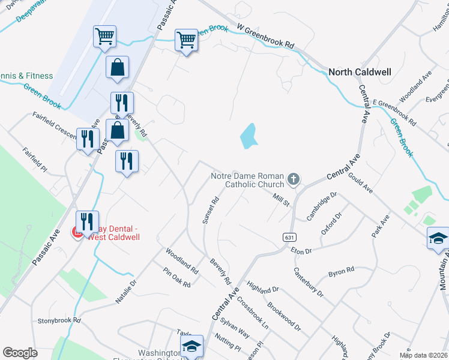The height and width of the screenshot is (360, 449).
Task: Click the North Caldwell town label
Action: pyautogui.click(x=360, y=72)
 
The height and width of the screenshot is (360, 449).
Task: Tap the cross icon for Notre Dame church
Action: pyautogui.click(x=294, y=178)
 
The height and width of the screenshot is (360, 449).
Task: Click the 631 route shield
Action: pyautogui.click(x=290, y=238)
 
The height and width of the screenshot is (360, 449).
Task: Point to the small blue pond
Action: pyautogui.click(x=249, y=136)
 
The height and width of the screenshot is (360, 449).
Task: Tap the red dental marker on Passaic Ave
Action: pyautogui.click(x=77, y=232)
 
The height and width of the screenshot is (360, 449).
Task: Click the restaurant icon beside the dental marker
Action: pyautogui.click(x=87, y=221)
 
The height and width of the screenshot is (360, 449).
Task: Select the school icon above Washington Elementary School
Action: pyautogui.click(x=191, y=346)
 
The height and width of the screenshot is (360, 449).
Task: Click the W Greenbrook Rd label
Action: pyautogui.click(x=266, y=37)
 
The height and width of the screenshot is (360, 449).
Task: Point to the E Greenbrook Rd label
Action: pyautogui.click(x=394, y=112)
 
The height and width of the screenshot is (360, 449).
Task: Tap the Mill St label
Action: pyautogui.click(x=281, y=199)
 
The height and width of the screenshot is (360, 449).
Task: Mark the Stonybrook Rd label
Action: pyautogui.click(x=59, y=321)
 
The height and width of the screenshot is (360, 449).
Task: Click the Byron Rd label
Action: pyautogui.click(x=341, y=272)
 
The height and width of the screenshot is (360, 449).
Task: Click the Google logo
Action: pyautogui.click(x=20, y=353)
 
